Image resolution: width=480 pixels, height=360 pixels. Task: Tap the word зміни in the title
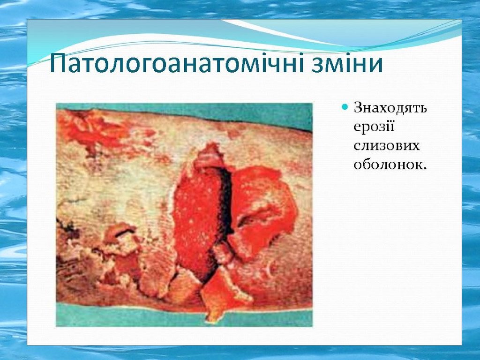pos(347,63)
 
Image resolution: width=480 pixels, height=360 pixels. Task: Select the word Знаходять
pos(390,108)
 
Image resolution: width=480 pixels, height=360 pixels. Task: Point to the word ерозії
pos(374,127)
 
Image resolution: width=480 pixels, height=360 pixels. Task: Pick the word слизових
pos(386,146)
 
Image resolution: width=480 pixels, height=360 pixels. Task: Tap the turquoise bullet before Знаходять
pos(345,107)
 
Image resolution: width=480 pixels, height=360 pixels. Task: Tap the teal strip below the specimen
pos(184,317)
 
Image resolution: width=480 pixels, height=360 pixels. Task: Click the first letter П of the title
pos(58,63)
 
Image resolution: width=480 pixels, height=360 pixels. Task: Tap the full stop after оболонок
pos(424,168)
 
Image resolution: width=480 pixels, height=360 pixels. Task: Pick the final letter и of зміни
pos(375,66)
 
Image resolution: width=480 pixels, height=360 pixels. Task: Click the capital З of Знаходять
pos(358,108)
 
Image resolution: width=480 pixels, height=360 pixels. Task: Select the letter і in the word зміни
pos(346,63)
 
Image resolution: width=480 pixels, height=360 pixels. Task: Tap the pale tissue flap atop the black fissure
pos(208,157)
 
